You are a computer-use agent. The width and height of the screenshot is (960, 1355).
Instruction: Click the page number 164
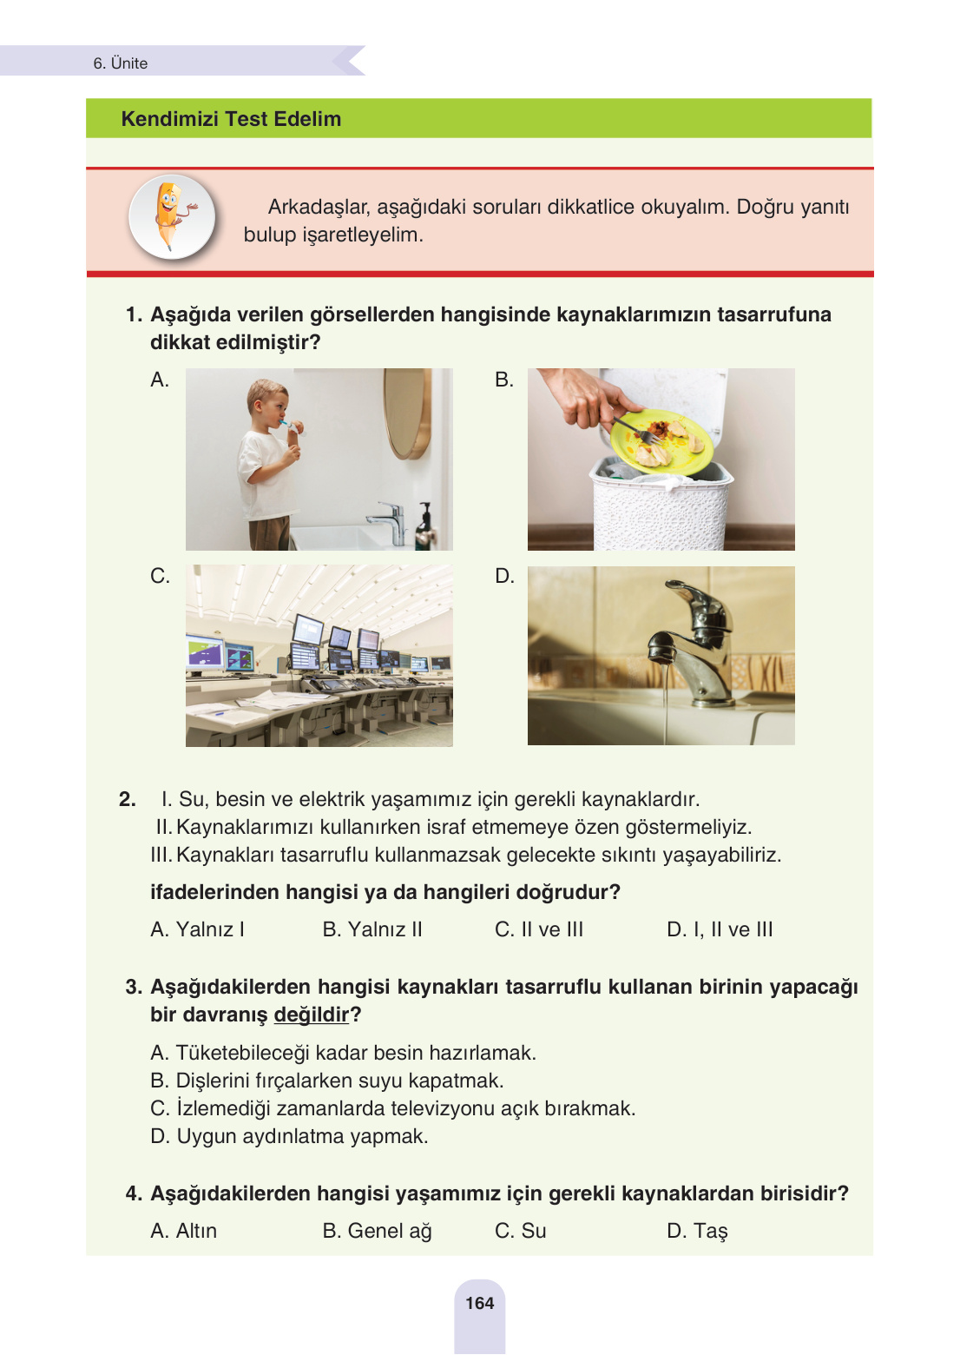click(x=479, y=1303)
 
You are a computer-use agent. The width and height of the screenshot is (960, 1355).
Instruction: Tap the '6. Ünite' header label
click(x=121, y=63)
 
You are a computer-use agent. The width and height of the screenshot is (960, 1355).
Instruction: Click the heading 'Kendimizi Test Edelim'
click(x=231, y=119)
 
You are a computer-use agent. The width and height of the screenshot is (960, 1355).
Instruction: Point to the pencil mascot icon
click(x=172, y=217)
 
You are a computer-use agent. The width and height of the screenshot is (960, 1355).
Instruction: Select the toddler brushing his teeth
click(x=270, y=460)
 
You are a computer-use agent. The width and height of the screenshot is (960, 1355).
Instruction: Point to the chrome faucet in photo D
click(x=698, y=643)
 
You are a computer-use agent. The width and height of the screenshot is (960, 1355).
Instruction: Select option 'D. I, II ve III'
click(x=719, y=929)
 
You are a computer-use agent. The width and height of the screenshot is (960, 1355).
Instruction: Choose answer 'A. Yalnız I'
click(x=197, y=929)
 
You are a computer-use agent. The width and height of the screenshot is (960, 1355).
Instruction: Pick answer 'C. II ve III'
click(x=538, y=929)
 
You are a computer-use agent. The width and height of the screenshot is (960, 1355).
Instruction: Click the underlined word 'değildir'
click(x=311, y=1015)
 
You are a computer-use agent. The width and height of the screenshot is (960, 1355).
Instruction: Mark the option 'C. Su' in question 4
click(x=520, y=1231)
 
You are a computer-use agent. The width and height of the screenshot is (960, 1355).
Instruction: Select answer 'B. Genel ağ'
click(x=377, y=1231)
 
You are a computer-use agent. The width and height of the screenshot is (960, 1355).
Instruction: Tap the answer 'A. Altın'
click(x=183, y=1231)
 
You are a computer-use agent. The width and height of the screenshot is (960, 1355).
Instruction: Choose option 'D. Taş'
click(x=697, y=1231)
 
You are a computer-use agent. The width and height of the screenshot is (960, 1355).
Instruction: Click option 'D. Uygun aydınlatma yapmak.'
click(x=289, y=1136)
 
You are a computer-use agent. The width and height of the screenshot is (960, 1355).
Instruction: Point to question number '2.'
click(x=128, y=799)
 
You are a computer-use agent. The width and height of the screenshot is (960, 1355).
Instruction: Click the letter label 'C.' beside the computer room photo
click(x=160, y=576)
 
